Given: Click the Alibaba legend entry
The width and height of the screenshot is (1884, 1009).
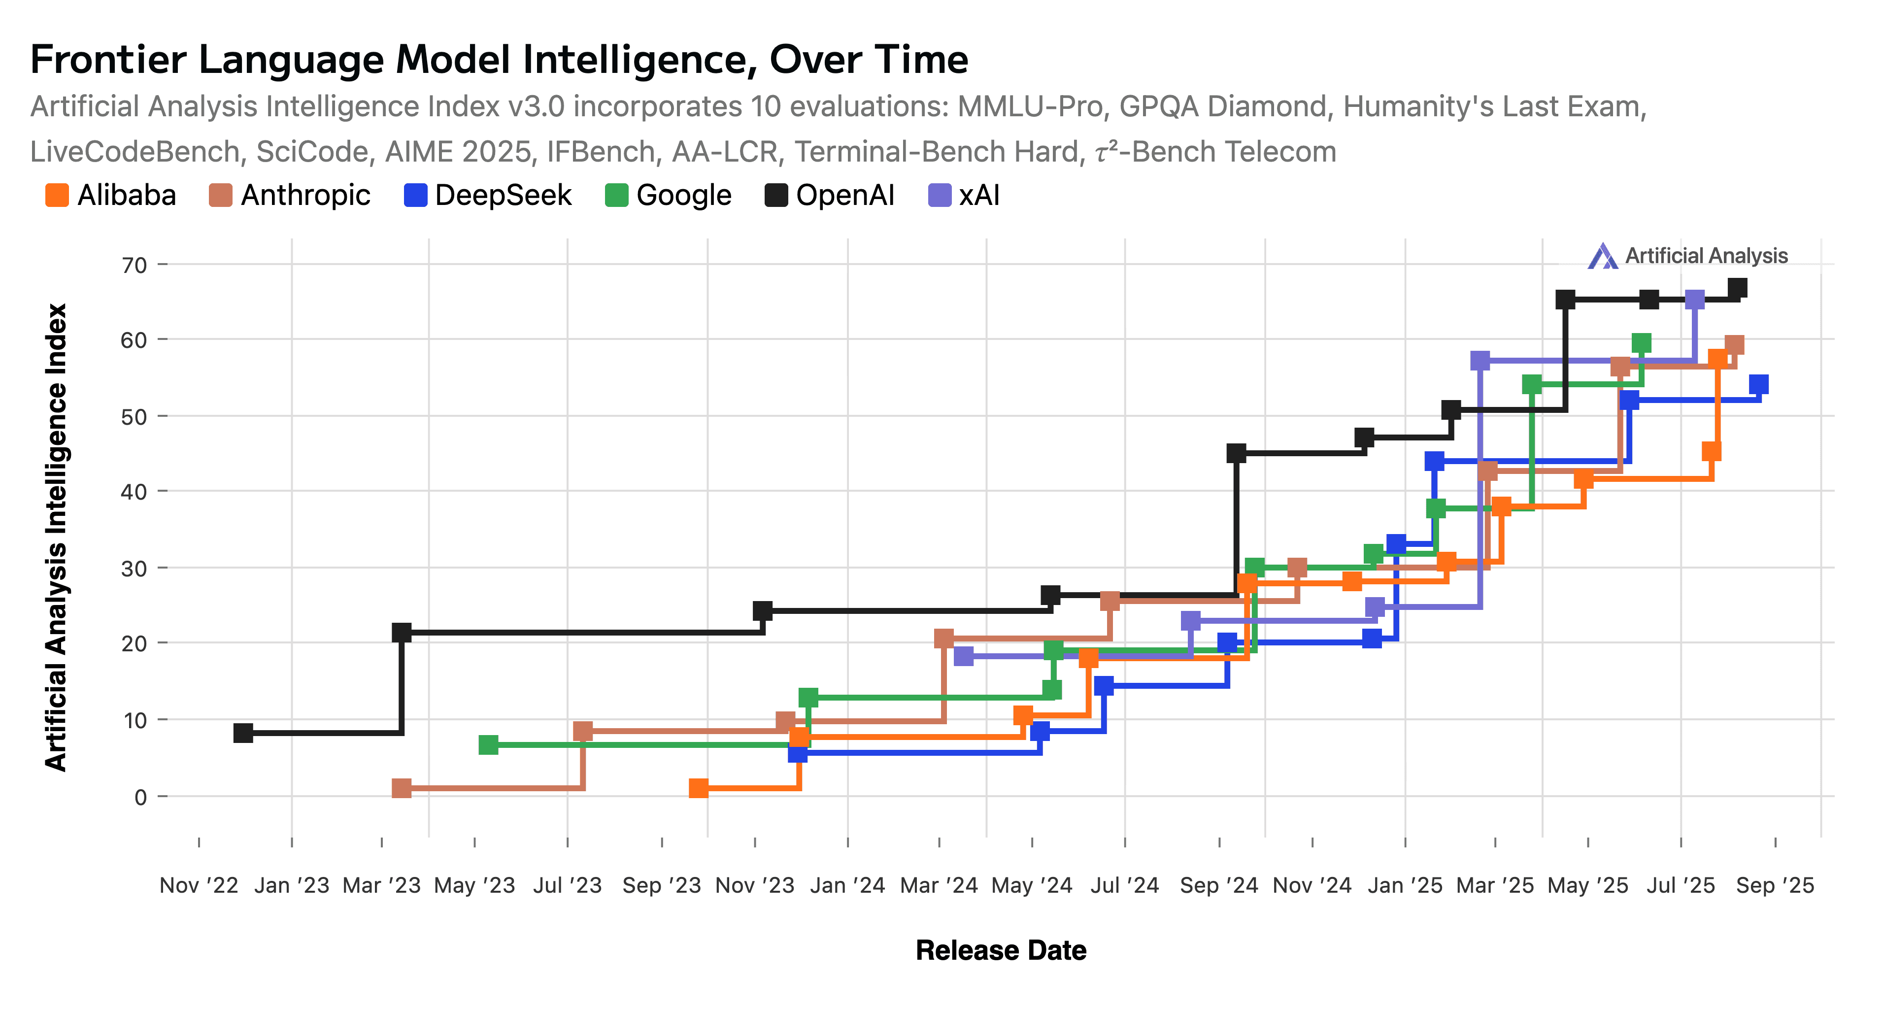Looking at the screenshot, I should coord(111,195).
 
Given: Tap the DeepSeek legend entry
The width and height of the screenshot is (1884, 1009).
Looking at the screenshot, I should coord(488,195).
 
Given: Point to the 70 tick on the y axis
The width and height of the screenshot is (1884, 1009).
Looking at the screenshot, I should coord(135,265).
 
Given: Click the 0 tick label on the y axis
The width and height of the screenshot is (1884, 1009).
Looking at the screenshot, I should coord(140,797).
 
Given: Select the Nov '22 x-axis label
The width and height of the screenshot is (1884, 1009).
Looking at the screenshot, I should coord(199,885).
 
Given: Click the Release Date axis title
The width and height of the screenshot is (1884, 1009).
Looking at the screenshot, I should coord(1001,950).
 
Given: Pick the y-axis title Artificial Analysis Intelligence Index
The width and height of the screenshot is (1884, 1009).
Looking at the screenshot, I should coord(56,538).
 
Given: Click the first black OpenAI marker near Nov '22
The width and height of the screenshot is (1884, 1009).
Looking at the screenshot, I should coord(243,733).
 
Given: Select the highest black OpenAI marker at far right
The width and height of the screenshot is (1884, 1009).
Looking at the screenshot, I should coord(1737,288).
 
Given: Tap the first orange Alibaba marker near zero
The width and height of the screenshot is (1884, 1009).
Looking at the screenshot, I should coord(699,788).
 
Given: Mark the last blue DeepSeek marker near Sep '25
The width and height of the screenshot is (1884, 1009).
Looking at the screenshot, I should coord(1758,385).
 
